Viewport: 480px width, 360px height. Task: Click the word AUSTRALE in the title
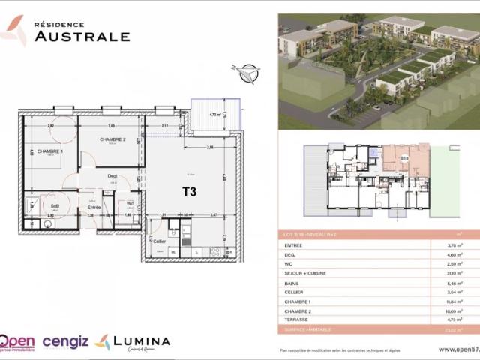[81, 35]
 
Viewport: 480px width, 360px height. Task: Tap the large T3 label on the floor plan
[189, 191]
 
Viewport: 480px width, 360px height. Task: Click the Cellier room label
[158, 241]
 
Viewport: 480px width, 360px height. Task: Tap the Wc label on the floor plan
[130, 203]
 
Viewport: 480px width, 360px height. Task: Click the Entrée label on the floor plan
[94, 206]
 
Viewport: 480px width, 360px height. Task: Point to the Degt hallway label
[112, 177]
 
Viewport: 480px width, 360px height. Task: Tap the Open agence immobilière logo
[16, 343]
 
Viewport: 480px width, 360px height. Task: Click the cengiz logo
[66, 342]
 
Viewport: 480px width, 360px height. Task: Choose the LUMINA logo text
[141, 341]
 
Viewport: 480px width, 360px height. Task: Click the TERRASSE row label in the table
[297, 319]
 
